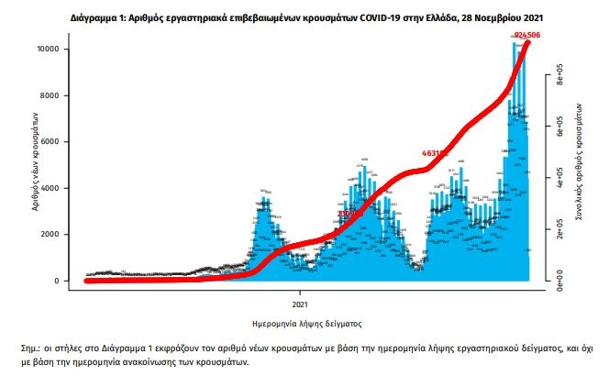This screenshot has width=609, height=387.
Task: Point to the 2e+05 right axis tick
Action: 558,234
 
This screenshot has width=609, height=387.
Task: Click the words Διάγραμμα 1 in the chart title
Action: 100,17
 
